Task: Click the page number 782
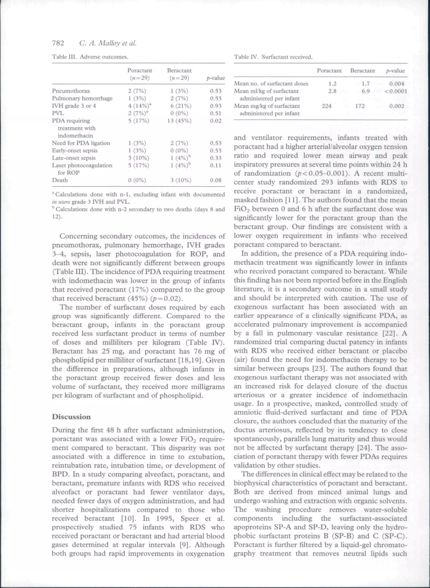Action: tap(58, 43)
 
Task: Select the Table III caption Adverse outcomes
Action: tap(104, 57)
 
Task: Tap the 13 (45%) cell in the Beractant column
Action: tap(179, 121)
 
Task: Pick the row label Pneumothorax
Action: tap(71, 91)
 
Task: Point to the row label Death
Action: tap(60, 180)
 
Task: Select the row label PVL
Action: tap(58, 113)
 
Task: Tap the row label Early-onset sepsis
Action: tap(75, 150)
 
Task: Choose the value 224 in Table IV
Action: tap(327, 106)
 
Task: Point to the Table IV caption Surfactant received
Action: tap(287, 57)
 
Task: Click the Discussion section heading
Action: tap(71, 416)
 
